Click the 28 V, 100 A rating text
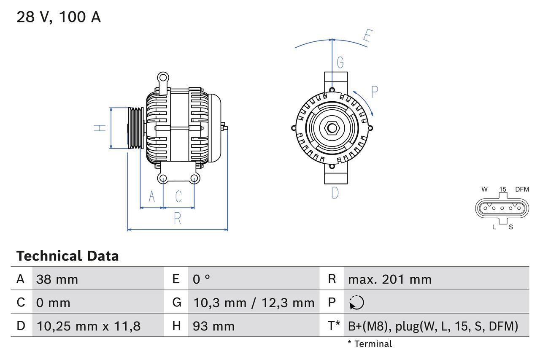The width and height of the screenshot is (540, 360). (x=59, y=17)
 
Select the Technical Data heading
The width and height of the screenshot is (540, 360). (x=67, y=256)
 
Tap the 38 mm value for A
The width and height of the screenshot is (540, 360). (x=57, y=279)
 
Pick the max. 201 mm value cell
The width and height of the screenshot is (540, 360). (x=390, y=279)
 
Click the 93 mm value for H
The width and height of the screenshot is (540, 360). (x=213, y=326)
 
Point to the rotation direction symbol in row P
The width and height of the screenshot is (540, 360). (x=357, y=303)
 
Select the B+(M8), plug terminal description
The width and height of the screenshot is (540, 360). (x=433, y=326)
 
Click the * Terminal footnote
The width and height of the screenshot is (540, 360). (x=370, y=344)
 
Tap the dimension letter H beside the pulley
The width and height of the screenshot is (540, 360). (x=100, y=128)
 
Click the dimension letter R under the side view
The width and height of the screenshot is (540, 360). (x=178, y=219)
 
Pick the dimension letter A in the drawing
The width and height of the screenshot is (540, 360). (x=152, y=197)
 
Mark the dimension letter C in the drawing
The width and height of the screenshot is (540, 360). (x=178, y=197)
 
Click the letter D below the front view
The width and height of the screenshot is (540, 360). (x=335, y=193)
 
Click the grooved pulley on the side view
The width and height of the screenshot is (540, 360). (x=136, y=128)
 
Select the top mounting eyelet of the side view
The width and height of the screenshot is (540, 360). (x=163, y=78)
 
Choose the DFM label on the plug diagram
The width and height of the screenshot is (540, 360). (x=522, y=189)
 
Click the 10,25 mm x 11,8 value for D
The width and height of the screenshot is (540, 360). (x=89, y=326)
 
